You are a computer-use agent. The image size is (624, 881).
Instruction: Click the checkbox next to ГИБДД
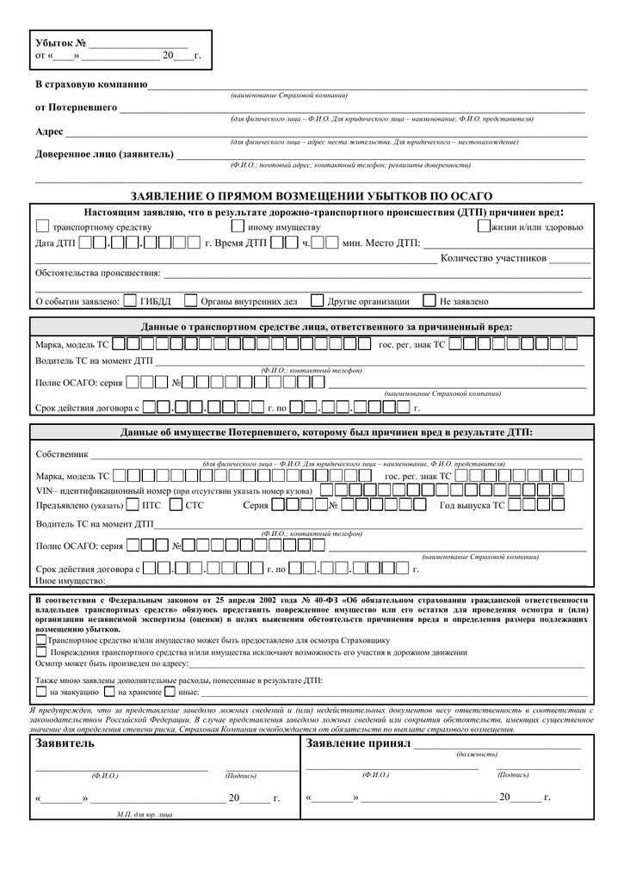click(x=130, y=301)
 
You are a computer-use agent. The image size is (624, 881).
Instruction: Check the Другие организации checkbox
click(x=317, y=301)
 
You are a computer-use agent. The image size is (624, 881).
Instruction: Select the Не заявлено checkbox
click(x=429, y=301)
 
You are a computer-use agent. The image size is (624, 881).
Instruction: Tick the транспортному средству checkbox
click(x=42, y=226)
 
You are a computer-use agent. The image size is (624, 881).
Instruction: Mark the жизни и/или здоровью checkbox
click(x=483, y=226)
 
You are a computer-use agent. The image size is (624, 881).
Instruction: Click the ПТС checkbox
click(x=133, y=505)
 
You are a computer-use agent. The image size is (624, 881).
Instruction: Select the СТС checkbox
click(x=176, y=505)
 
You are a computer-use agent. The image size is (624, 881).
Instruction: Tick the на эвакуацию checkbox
click(x=40, y=691)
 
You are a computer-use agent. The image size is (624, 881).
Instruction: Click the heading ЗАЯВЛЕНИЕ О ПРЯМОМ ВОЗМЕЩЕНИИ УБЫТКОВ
click(x=311, y=197)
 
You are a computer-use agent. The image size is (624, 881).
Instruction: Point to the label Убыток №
click(x=60, y=43)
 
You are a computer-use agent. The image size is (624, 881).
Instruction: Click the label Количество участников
click(x=493, y=258)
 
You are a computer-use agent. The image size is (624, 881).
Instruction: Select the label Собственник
click(x=62, y=453)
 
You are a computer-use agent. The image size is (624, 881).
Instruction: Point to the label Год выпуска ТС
click(x=472, y=506)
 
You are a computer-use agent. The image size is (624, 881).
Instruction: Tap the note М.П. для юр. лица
click(x=145, y=813)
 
